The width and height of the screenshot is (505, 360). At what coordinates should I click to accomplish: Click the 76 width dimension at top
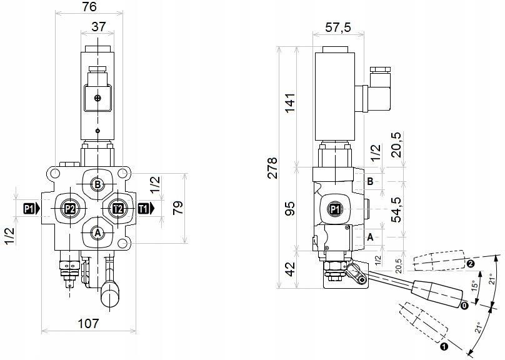tap(90, 7)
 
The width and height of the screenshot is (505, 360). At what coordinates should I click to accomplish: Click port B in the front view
tap(97, 184)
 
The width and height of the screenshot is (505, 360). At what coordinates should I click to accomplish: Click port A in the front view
tap(97, 232)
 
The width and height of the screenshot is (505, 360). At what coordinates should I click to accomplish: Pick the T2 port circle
tap(117, 209)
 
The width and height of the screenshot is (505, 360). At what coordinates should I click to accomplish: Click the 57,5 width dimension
tap(338, 27)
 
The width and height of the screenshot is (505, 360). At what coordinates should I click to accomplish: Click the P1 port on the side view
tap(335, 209)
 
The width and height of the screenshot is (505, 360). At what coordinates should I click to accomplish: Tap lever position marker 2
tap(471, 264)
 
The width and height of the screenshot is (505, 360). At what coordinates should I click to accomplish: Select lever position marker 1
tap(444, 344)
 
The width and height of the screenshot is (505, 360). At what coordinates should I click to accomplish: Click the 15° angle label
tap(475, 287)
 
